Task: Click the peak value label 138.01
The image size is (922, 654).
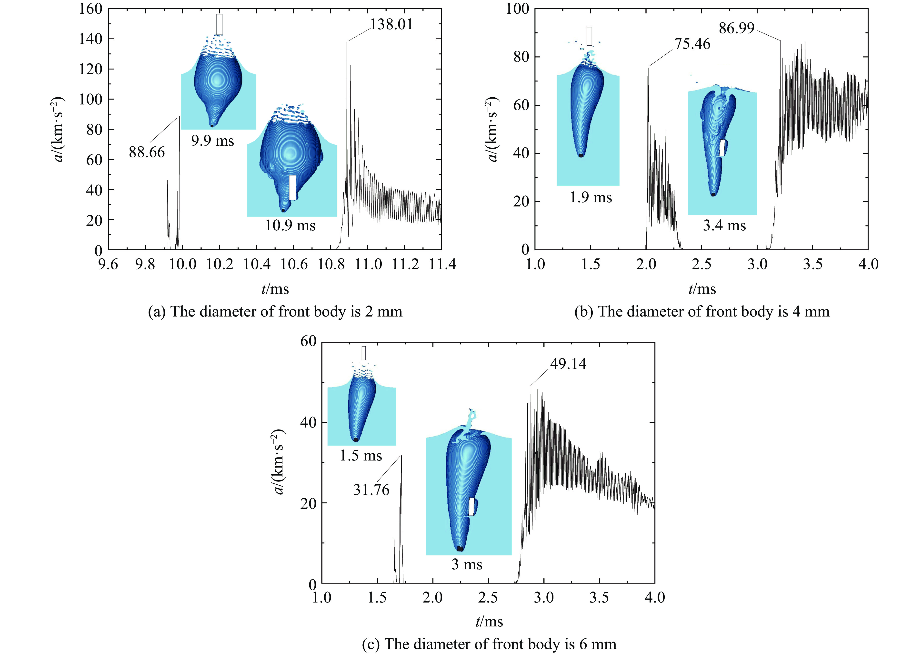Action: point(391,25)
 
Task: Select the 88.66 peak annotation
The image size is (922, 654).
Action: point(147,152)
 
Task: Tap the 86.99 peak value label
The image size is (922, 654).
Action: point(736,29)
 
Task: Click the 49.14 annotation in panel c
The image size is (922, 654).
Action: point(568,364)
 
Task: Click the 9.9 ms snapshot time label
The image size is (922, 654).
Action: point(212,141)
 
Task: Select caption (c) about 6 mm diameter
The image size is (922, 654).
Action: point(489,644)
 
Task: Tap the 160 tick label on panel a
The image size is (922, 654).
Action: point(91,9)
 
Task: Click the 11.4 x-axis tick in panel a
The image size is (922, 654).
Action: point(441,265)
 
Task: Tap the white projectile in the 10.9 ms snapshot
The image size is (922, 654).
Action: point(293,188)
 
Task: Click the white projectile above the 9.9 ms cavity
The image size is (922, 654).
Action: point(219,25)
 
